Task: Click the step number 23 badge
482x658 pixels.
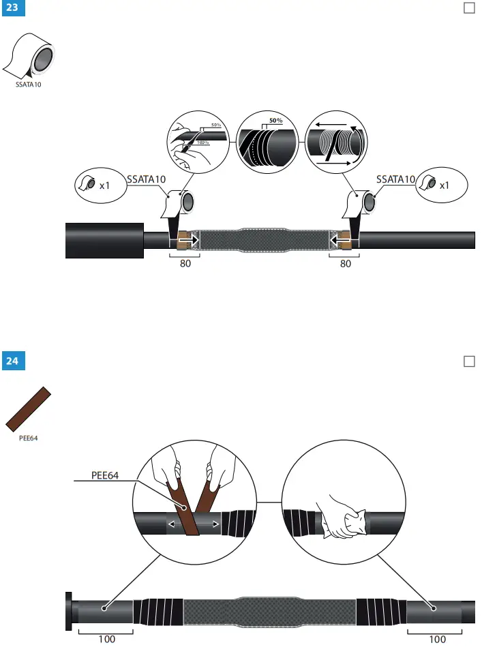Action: coord(12,9)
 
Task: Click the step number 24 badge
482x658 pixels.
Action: coord(12,361)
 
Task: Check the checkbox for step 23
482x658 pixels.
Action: coord(469,8)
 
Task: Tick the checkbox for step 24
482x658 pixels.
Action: coord(469,361)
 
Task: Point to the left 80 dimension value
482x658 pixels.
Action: coord(185,265)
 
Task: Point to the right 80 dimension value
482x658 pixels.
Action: coord(345,265)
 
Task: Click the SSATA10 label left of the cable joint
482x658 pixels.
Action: coord(146,179)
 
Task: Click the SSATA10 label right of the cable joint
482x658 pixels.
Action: coord(395,179)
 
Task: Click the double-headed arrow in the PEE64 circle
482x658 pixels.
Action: coord(194,524)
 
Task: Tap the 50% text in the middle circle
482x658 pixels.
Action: coord(275,121)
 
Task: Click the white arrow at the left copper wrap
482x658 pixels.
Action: coord(192,240)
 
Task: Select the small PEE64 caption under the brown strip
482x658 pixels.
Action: coord(28,438)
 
